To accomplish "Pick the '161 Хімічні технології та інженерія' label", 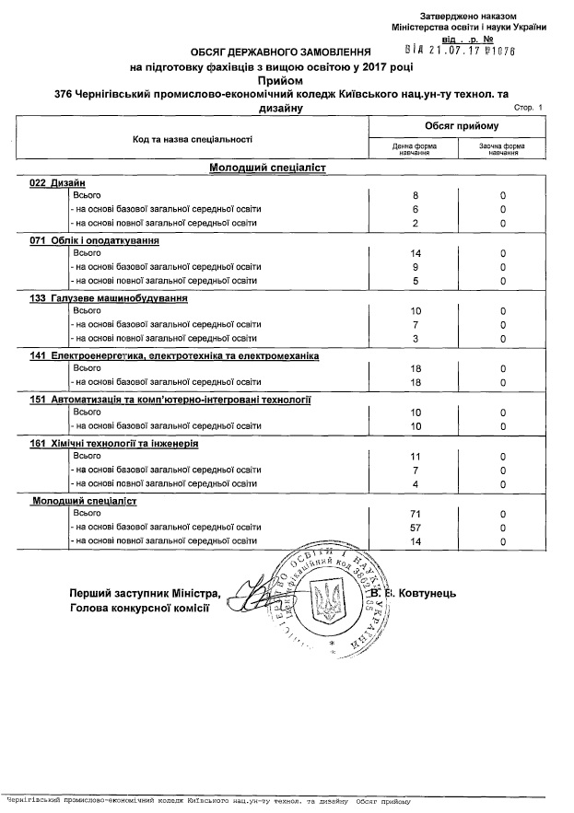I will [x=114, y=443].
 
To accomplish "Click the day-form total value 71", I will [x=414, y=512].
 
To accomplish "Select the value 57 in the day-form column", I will [x=414, y=527].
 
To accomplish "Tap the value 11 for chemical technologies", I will [x=414, y=456].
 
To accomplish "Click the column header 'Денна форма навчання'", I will [x=414, y=149].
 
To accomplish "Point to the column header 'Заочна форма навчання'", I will [x=502, y=149].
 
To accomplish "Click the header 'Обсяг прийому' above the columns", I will [x=461, y=125].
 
